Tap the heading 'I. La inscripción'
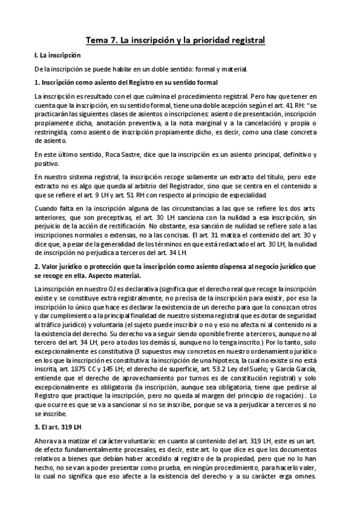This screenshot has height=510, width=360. point(57,55)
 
